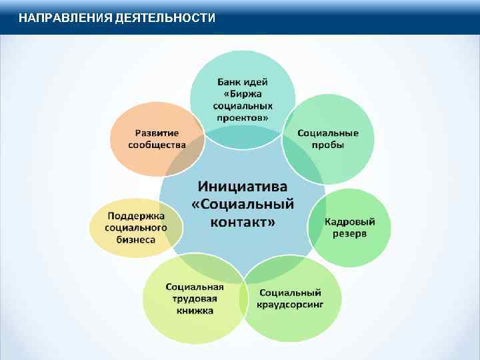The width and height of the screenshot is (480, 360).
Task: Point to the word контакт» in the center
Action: tap(242, 222)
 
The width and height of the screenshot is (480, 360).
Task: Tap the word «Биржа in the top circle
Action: tap(243, 94)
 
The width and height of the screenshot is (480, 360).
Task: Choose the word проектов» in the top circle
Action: tap(243, 117)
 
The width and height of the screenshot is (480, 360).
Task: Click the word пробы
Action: tap(328, 145)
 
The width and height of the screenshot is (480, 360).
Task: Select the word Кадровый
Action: tap(350, 221)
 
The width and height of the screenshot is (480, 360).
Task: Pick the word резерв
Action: tap(350, 233)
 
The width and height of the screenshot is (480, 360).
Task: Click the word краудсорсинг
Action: tap(290, 305)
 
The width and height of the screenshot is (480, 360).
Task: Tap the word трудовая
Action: tap(195, 299)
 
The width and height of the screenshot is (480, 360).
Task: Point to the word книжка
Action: tap(195, 311)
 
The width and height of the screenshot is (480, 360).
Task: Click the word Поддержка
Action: tap(137, 215)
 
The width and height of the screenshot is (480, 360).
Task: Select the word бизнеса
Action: tap(137, 239)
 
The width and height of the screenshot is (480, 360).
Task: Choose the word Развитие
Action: tap(157, 133)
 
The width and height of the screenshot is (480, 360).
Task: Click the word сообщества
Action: tap(157, 145)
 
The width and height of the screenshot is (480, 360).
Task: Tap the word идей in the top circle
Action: tap(257, 82)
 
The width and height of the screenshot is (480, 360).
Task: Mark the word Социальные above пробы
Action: tap(328, 133)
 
